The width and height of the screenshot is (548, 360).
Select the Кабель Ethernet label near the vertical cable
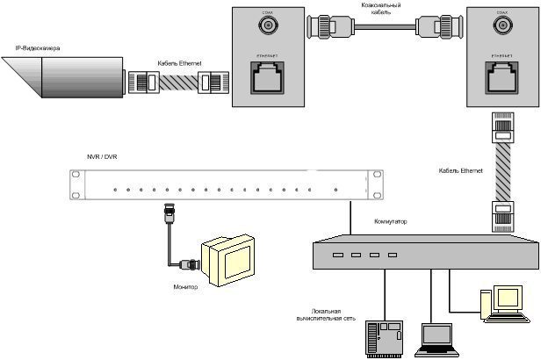click(460, 169)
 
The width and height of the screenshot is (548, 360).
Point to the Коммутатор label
click(390, 222)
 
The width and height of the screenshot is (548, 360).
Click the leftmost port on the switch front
click(335, 256)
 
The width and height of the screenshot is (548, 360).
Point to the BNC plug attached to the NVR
click(165, 213)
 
